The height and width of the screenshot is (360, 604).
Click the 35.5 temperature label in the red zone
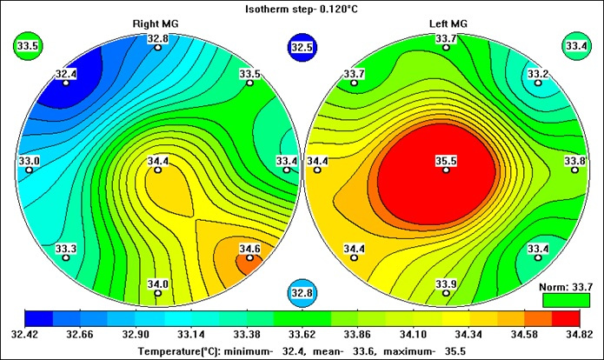[446, 161]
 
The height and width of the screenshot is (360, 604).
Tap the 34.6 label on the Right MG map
[249, 249]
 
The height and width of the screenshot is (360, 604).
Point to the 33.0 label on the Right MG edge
[30, 161]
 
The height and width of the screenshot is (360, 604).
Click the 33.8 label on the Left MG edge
[574, 161]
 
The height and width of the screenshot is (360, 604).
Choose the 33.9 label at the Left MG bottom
[446, 284]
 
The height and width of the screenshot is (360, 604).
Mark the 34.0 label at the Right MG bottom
[158, 284]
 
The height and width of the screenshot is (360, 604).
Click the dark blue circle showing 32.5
[301, 49]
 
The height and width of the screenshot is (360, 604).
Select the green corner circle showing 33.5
[30, 47]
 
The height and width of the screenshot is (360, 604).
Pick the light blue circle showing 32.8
[301, 292]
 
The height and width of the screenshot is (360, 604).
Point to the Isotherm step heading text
[302, 9]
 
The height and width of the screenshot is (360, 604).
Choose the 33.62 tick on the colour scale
[301, 333]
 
